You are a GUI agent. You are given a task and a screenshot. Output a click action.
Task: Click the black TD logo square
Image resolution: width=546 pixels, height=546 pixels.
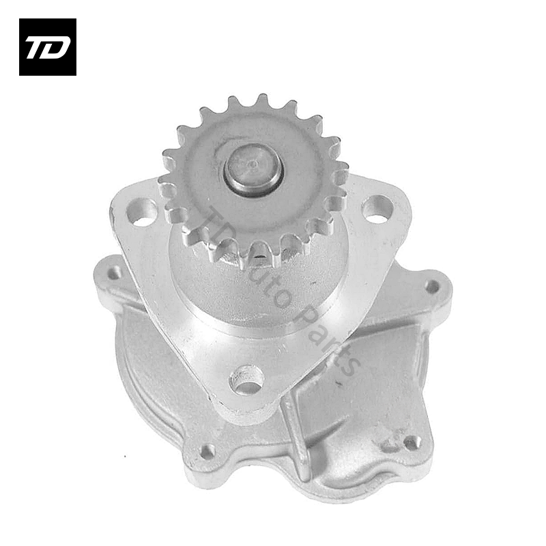[48, 47]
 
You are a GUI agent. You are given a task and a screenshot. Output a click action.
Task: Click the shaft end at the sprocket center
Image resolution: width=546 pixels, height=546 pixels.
[253, 166]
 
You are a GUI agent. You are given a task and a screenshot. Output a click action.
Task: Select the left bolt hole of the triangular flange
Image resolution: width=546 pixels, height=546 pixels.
[141, 211]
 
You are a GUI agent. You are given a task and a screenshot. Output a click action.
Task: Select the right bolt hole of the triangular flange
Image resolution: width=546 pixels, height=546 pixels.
[377, 209]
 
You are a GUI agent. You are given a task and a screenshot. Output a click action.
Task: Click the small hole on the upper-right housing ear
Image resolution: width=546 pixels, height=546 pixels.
[432, 287]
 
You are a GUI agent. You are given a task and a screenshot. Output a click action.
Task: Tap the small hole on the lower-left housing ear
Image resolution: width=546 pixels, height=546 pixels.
[208, 451]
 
